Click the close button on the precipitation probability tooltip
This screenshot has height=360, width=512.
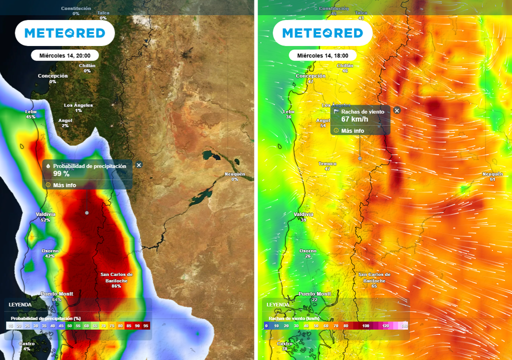[x=139, y=164]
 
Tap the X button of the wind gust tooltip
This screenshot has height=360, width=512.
[x=397, y=110]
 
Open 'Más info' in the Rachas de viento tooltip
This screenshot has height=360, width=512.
[x=352, y=130]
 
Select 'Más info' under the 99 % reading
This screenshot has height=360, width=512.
[x=64, y=184]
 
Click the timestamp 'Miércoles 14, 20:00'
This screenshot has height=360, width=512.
[x=64, y=55]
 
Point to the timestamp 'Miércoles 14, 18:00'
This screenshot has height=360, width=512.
[x=322, y=55]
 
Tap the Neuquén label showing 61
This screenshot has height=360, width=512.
[x=492, y=176]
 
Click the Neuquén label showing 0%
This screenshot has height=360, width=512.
[x=234, y=176]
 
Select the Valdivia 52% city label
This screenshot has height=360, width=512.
[x=45, y=216]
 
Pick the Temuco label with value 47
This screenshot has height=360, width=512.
[x=327, y=166]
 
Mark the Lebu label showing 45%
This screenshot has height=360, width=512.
[x=30, y=114]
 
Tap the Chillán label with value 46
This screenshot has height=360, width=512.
[x=345, y=68]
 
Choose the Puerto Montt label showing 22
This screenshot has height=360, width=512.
[x=314, y=296]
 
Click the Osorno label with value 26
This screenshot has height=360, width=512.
[x=307, y=253]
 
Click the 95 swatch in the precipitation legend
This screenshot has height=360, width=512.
[x=146, y=325]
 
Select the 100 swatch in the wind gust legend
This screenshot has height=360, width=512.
[x=366, y=325]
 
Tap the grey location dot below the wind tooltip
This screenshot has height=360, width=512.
[x=360, y=158]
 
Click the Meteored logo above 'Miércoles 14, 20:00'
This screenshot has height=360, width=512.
[x=65, y=33]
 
